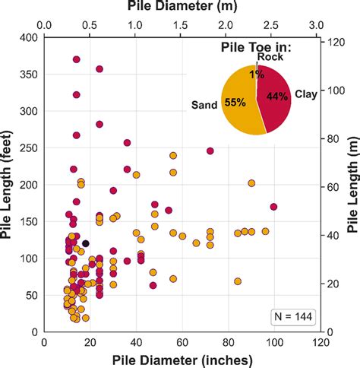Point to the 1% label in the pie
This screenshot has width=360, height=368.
click(257, 74)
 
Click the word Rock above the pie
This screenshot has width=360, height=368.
click(270, 57)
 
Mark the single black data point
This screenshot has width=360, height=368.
click(86, 243)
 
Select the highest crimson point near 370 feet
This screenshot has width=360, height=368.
click(77, 59)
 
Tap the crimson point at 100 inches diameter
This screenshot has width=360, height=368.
click(273, 207)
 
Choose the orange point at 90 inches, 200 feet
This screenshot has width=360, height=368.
click(251, 183)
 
